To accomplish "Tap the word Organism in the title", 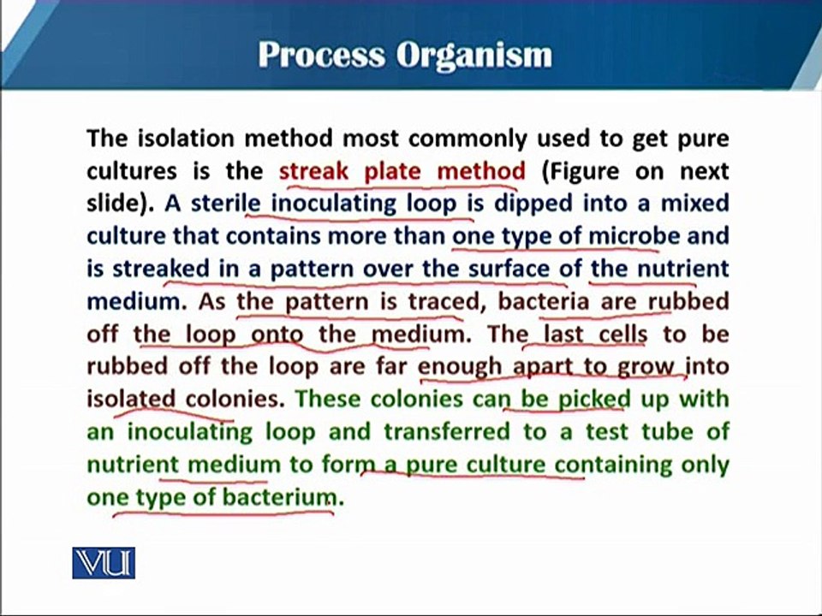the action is pyautogui.click(x=474, y=56).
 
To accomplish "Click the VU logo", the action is pyautogui.click(x=104, y=563).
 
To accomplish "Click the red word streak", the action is pyautogui.click(x=314, y=171).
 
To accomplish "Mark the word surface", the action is pyautogui.click(x=509, y=268).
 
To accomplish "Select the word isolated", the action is pyautogui.click(x=131, y=399).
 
